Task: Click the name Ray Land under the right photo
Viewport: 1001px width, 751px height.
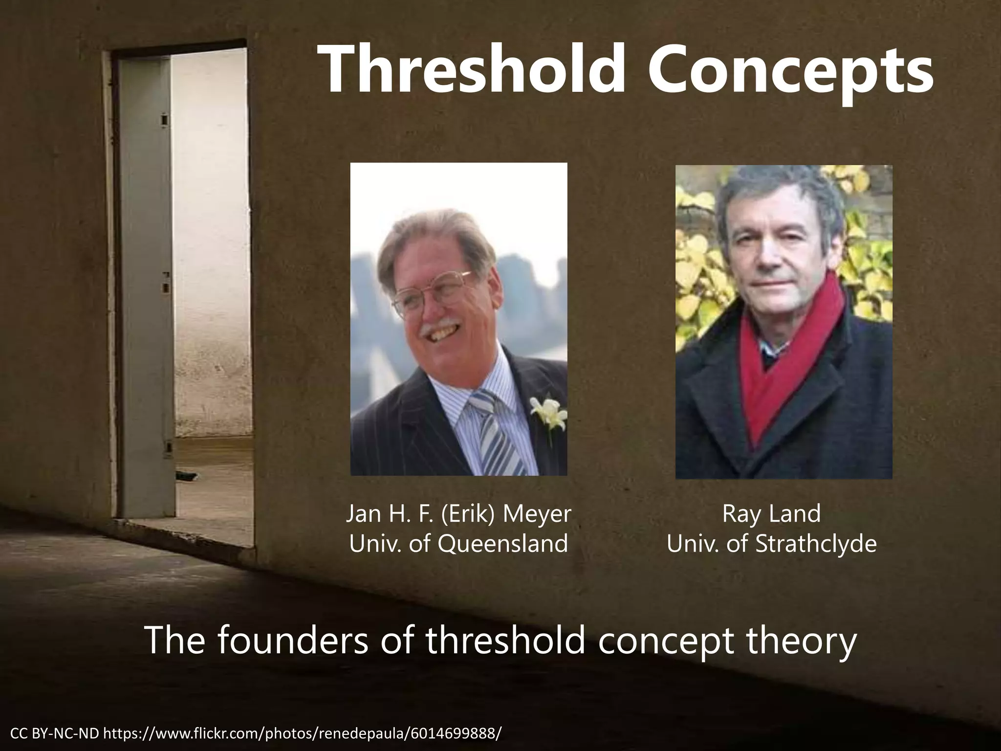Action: tap(771, 514)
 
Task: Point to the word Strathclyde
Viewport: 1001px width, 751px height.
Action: tap(816, 544)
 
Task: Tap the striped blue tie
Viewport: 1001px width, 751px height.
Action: tap(494, 430)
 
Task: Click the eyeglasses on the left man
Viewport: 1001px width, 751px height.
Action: tap(430, 293)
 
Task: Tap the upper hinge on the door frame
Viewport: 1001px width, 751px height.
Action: tap(164, 119)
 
